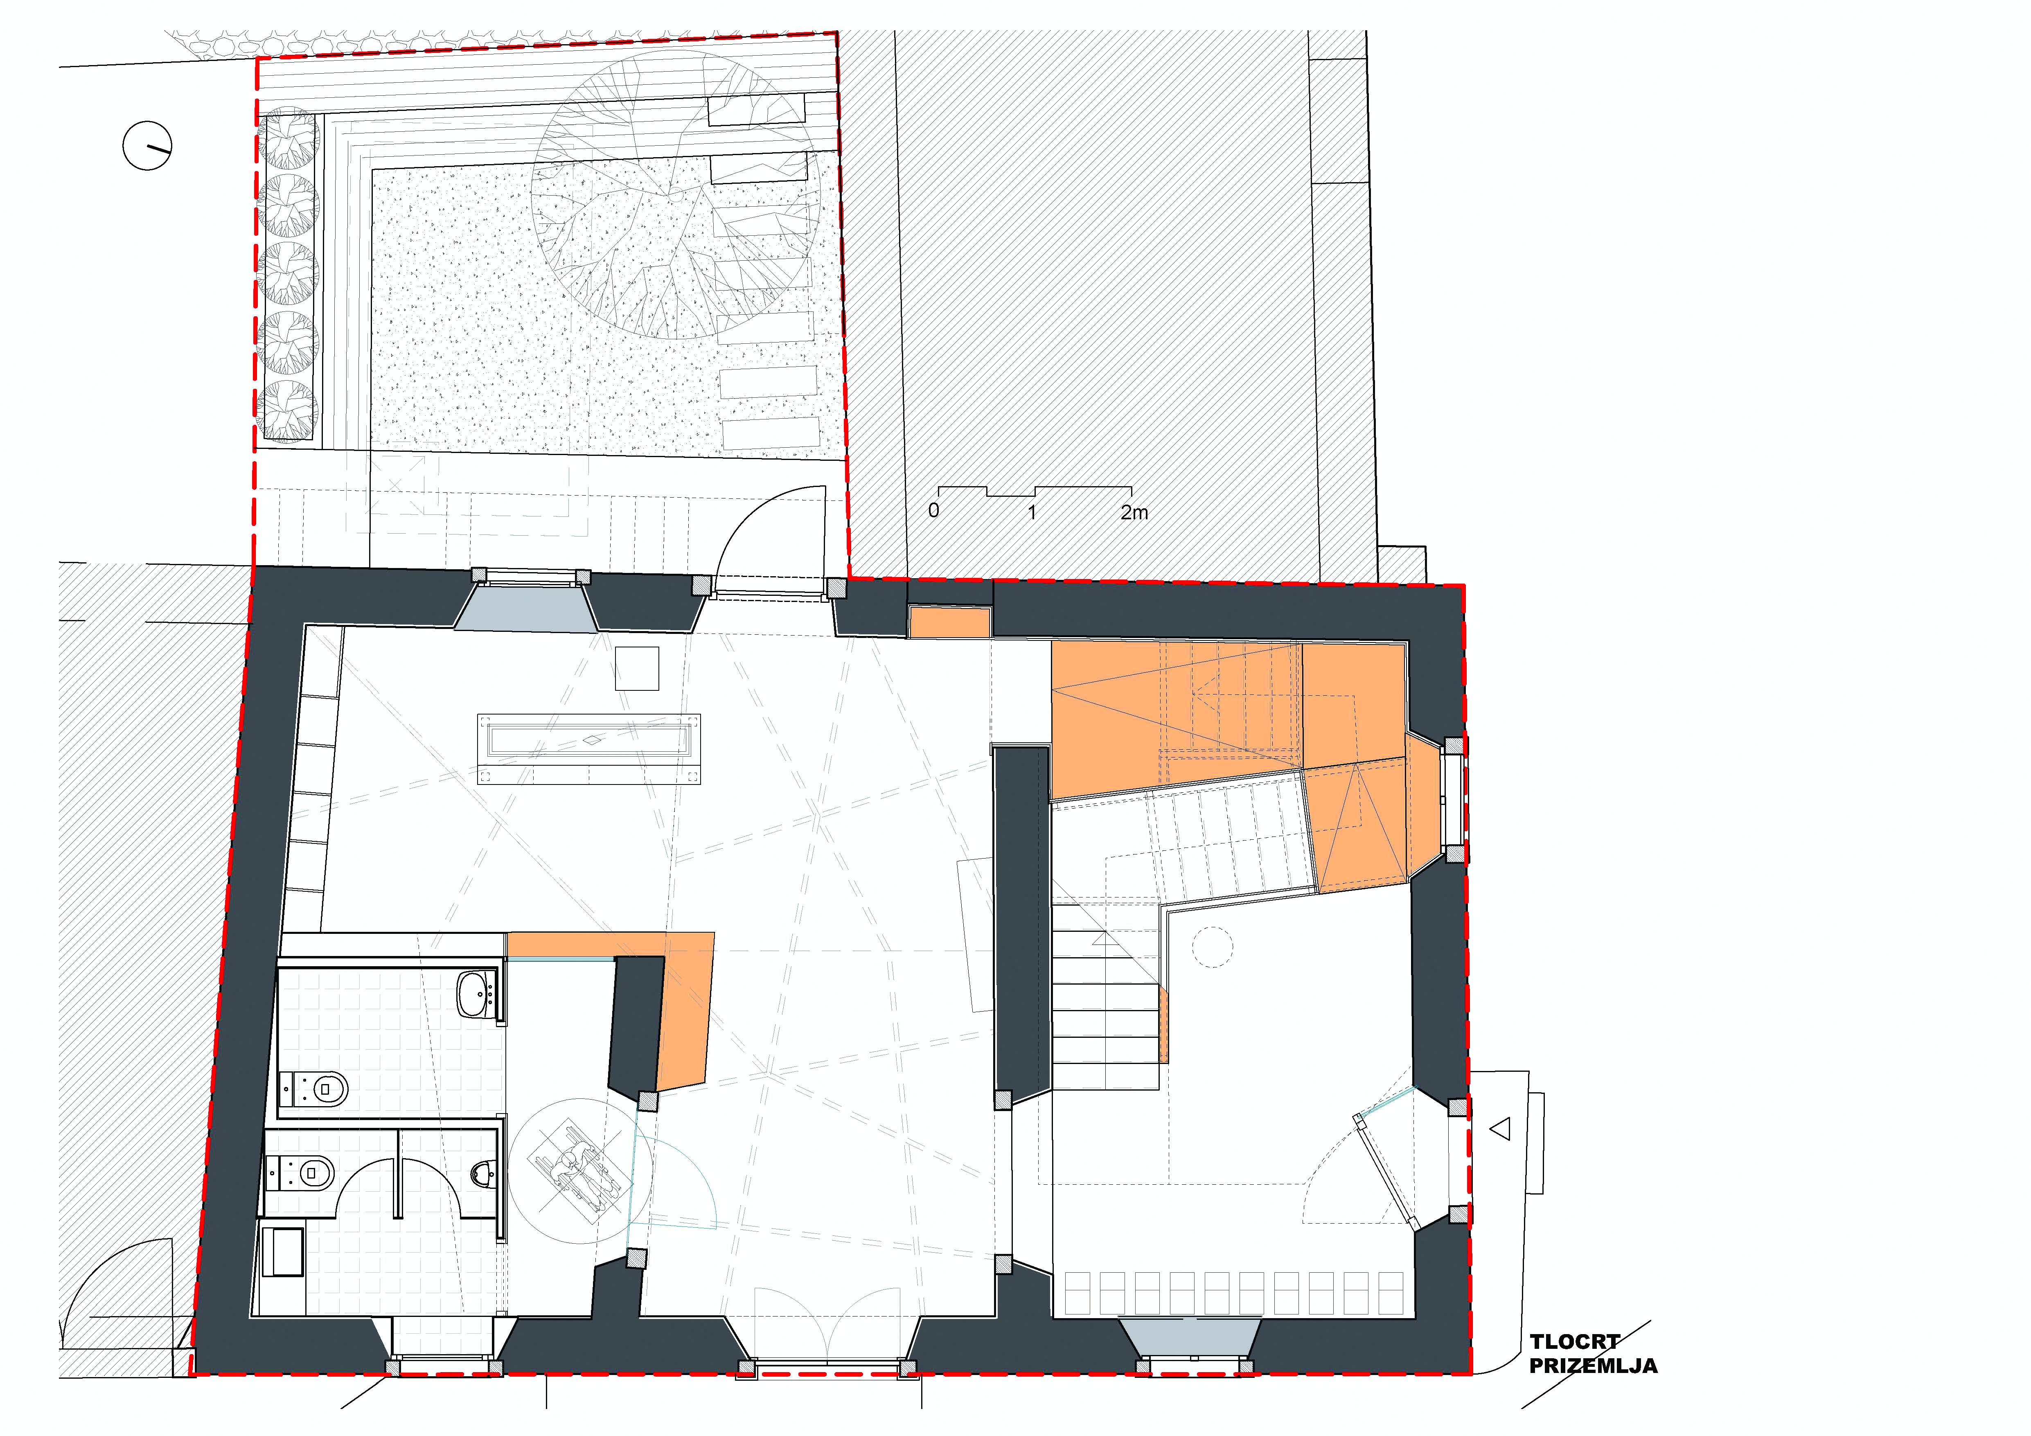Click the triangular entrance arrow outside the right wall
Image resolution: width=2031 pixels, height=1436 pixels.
pyautogui.click(x=1499, y=1129)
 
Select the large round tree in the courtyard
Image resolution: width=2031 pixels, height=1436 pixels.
pyautogui.click(x=675, y=195)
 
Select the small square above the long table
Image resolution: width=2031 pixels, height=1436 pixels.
pyautogui.click(x=637, y=668)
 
